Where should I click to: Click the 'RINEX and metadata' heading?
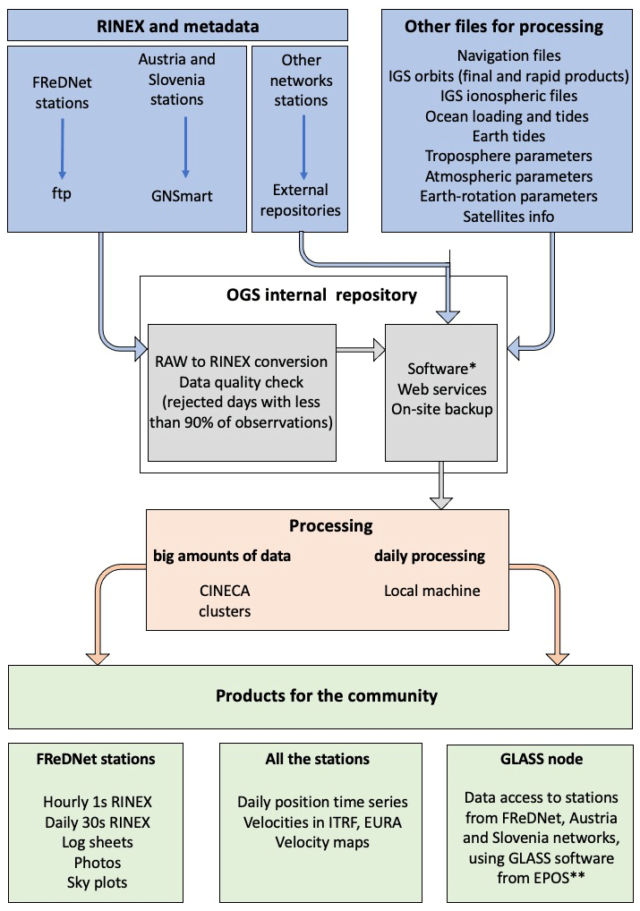coord(177,26)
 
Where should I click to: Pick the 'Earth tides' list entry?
coord(508,136)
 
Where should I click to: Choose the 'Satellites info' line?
coord(508,217)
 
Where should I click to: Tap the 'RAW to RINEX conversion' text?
coord(241,362)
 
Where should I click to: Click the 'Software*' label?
coord(438,369)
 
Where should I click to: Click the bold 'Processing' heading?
coord(330,526)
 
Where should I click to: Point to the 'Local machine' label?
coord(432,591)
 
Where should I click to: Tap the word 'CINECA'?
coord(225,591)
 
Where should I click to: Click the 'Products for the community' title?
coord(327,695)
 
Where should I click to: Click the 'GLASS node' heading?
coord(541,759)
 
